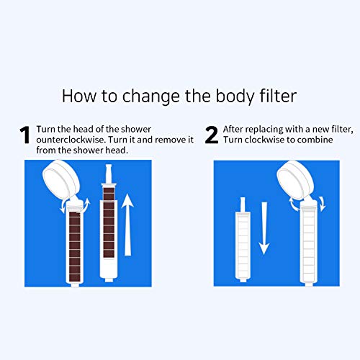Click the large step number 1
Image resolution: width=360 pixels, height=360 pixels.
[x=24, y=135]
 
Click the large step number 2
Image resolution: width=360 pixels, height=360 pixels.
[x=212, y=135]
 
